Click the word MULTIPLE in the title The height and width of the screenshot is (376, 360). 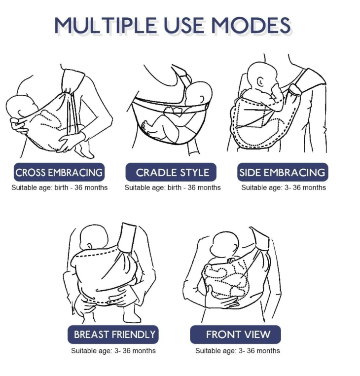click(x=106, y=25)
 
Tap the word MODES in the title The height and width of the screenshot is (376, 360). click(x=251, y=25)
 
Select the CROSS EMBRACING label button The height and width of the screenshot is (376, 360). click(x=59, y=172)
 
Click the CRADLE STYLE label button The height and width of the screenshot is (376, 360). click(x=171, y=172)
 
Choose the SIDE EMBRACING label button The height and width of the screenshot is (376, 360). click(x=283, y=172)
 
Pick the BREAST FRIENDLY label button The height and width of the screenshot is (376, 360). click(x=113, y=334)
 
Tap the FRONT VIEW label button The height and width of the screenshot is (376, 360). click(x=235, y=334)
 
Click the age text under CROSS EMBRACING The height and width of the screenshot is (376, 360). click(x=60, y=188)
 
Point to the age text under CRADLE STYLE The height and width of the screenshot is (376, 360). click(x=173, y=188)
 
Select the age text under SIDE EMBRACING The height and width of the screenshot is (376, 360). click(x=284, y=188)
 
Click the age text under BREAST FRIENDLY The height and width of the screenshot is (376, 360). click(x=113, y=351)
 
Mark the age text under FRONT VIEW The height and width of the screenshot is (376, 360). click(x=238, y=351)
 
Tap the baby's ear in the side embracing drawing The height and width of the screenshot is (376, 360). click(x=260, y=81)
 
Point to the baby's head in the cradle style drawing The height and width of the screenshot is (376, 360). click(x=199, y=94)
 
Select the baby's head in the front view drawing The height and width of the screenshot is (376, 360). click(x=225, y=244)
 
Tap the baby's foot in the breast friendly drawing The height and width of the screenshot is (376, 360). click(x=131, y=315)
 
